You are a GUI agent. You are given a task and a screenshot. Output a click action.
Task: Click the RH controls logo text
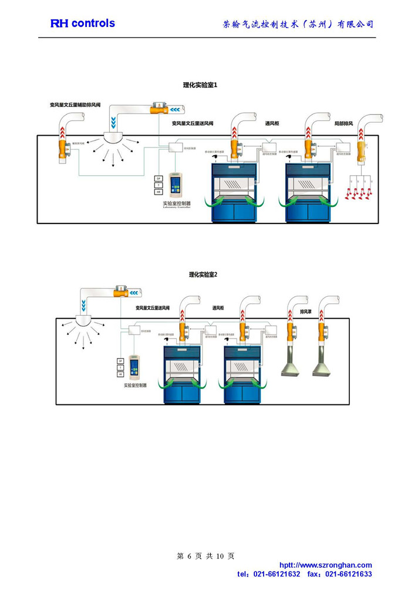[x=82, y=24]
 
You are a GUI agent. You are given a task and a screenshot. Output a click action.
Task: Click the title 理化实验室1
[x=200, y=85]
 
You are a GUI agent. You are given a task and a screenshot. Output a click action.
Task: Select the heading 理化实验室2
[x=203, y=275]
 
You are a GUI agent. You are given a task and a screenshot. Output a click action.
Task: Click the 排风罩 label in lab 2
[x=305, y=311]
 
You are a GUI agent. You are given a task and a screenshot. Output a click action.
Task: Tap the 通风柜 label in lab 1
[x=272, y=124]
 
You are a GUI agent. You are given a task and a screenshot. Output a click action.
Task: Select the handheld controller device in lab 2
[x=135, y=367]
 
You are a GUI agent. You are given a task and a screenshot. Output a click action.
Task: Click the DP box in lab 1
[x=158, y=178]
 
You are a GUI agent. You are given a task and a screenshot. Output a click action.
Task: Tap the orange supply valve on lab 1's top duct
[x=159, y=108]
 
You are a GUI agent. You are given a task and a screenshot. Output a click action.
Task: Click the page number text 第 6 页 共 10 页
[x=206, y=556]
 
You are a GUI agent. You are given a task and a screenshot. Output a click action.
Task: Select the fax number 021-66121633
[x=348, y=574]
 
